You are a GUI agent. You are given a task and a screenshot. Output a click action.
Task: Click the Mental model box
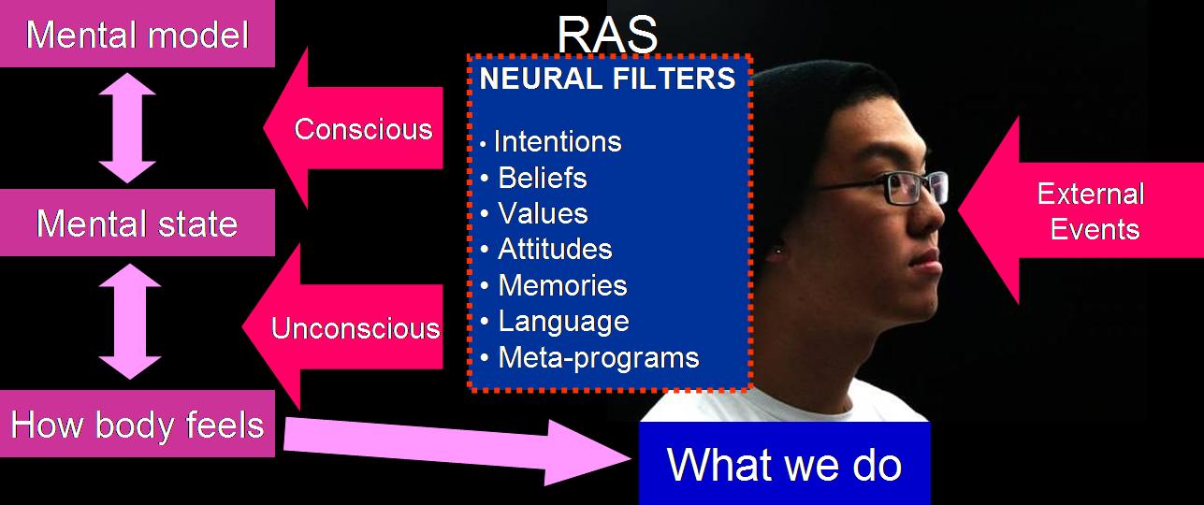pos(137,36)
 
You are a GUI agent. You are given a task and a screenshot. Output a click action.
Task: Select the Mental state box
pos(137,224)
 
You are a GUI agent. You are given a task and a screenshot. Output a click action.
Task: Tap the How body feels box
pos(137,425)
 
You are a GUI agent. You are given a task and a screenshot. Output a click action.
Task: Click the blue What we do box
pos(784,464)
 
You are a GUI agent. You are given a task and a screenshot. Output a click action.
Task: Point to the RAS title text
pos(607,34)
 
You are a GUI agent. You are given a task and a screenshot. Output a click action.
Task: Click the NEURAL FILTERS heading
pos(607,79)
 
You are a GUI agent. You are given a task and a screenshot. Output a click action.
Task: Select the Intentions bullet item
pos(557,142)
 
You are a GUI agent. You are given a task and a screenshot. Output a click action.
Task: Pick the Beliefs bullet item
pos(542,178)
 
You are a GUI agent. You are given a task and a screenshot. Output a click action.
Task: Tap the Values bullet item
pos(543,213)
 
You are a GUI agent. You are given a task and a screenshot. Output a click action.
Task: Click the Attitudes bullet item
pos(555,250)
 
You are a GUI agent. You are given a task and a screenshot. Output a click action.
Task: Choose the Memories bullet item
pos(561,285)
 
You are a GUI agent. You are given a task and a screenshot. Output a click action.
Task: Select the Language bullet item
pos(563,322)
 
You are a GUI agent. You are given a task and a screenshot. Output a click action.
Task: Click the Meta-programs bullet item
pos(598,357)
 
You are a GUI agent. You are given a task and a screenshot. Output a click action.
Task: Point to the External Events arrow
pos(1085,211)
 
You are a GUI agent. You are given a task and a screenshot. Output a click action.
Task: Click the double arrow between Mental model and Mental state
pos(128,128)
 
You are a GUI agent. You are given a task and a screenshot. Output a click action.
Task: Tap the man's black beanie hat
pos(823,103)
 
